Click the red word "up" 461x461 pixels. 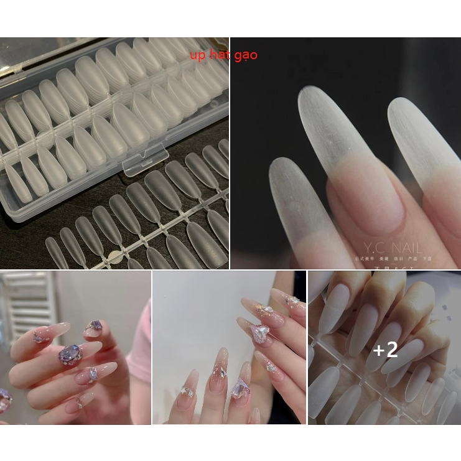pyautogui.click(x=197, y=55)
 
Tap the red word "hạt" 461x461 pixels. pyautogui.click(x=220, y=55)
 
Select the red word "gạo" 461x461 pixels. pyautogui.click(x=246, y=55)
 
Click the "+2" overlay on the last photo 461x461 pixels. pyautogui.click(x=385, y=350)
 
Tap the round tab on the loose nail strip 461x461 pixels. pyautogui.click(x=114, y=256)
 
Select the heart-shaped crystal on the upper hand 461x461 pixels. pyautogui.click(x=260, y=333)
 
